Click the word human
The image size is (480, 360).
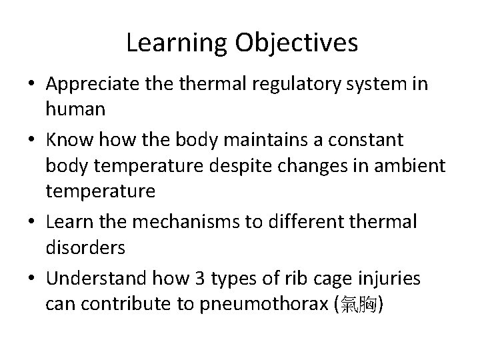click(75, 109)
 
